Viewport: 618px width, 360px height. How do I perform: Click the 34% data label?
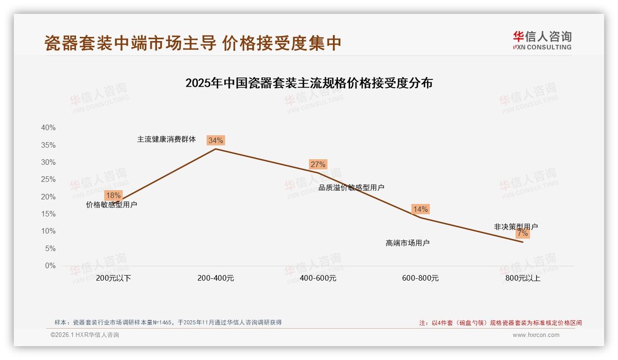point(215,140)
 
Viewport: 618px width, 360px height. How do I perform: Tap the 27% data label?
point(318,164)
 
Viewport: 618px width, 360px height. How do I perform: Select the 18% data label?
point(113,195)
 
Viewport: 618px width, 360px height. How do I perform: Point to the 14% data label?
point(420,209)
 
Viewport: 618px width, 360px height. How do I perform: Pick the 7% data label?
point(523,234)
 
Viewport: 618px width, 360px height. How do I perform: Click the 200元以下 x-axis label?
point(113,278)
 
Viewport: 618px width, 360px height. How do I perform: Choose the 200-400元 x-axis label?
point(215,278)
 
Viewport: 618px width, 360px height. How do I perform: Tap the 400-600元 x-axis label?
point(318,278)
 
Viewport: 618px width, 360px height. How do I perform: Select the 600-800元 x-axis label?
point(420,278)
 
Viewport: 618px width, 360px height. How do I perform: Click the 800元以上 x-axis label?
point(523,278)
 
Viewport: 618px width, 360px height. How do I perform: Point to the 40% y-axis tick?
point(48,128)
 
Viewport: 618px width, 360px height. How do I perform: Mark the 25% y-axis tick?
point(48,180)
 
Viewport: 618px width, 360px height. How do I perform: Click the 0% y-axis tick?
point(50,266)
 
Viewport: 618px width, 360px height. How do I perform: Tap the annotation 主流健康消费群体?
point(166,139)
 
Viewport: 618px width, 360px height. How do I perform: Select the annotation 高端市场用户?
point(407,243)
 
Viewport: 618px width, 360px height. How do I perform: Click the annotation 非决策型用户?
point(516,227)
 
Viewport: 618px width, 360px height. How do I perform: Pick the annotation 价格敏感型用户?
point(112,204)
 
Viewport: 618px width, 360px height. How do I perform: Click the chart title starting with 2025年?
point(309,83)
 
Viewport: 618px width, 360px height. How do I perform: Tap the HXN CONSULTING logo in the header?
point(542,40)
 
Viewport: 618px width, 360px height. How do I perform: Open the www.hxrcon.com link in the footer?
point(535,335)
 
